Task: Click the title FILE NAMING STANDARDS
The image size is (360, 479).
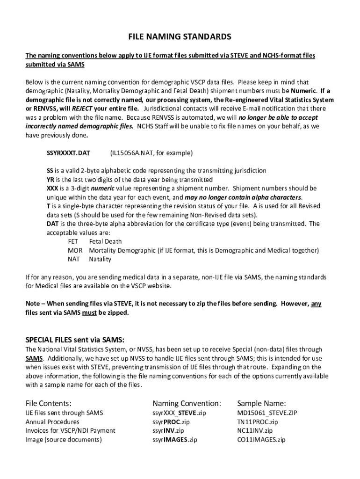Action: click(180, 36)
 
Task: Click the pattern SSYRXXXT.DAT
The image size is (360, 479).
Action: click(68, 153)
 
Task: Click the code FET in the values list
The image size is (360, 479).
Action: click(73, 241)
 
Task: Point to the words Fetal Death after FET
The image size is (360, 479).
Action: click(106, 241)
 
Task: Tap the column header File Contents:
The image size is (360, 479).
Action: click(48, 403)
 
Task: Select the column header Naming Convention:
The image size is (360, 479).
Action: click(187, 403)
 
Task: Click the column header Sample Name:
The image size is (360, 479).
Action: click(261, 403)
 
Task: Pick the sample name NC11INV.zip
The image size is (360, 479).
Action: click(255, 431)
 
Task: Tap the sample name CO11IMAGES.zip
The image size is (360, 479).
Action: click(261, 440)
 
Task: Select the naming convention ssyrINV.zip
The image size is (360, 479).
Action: click(168, 431)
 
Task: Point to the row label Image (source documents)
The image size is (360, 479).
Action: click(64, 440)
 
